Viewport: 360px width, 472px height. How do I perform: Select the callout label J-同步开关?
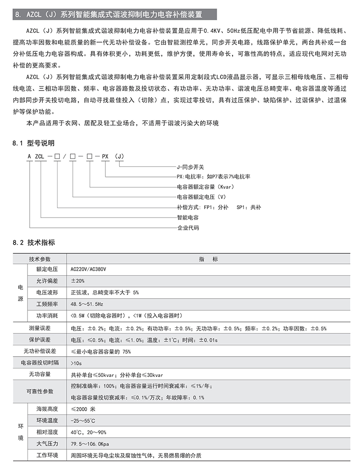click(190, 166)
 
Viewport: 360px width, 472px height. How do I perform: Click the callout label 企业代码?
click(188, 227)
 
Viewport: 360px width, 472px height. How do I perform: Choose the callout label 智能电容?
click(188, 217)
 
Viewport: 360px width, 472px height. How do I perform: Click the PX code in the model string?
click(105, 156)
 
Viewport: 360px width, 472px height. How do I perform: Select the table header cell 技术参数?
click(40, 259)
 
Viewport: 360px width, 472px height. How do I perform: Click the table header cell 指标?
click(208, 259)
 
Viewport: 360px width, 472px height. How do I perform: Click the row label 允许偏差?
click(47, 281)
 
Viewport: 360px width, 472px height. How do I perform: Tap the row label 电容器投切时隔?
click(40, 363)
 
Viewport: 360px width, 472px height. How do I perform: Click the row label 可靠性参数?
click(40, 391)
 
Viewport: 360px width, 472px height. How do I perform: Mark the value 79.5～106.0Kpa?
click(90, 444)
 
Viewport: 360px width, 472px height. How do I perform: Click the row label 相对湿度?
click(47, 432)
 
